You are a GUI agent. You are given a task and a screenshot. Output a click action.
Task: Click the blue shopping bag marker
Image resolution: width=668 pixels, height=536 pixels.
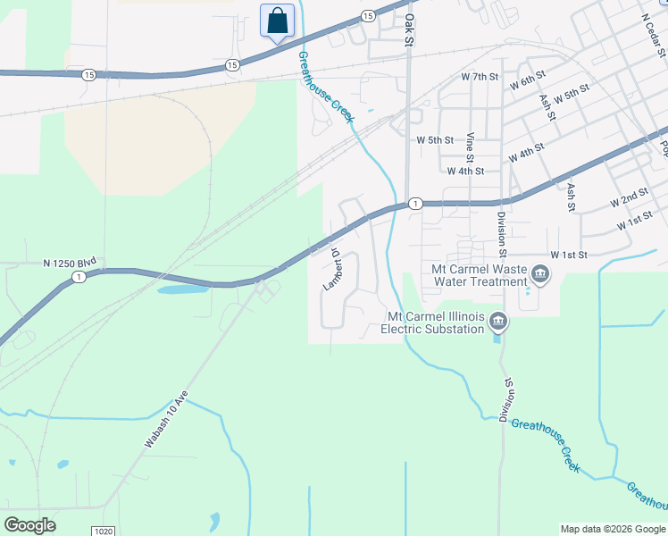coord(277,21)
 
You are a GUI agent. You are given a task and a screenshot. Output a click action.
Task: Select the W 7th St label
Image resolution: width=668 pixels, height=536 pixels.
coord(479,77)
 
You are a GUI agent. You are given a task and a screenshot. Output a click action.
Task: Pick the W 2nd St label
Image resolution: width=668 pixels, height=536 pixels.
coord(629,198)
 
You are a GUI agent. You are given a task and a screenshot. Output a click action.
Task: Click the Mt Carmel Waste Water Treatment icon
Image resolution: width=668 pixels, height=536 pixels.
coord(539,272)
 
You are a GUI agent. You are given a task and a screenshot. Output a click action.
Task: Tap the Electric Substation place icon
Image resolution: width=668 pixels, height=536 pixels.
coord(498,320)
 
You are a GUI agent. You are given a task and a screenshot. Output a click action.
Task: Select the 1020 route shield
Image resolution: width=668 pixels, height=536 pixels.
coord(104,531)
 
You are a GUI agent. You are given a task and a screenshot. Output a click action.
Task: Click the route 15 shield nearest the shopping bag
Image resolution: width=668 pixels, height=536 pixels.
coord(232,64)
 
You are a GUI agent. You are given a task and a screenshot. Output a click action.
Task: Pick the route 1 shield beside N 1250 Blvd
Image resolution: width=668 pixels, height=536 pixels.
coord(79,278)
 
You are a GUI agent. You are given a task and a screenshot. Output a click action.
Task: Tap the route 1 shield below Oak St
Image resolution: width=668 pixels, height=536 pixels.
coord(415,204)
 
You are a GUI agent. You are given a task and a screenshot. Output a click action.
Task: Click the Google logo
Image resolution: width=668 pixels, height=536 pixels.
coord(29,525)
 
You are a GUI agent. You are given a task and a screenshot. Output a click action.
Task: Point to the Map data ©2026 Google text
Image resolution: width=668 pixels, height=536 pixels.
coord(613,529)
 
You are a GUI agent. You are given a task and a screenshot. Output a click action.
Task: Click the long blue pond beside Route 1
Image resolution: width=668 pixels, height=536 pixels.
coord(184,289)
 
